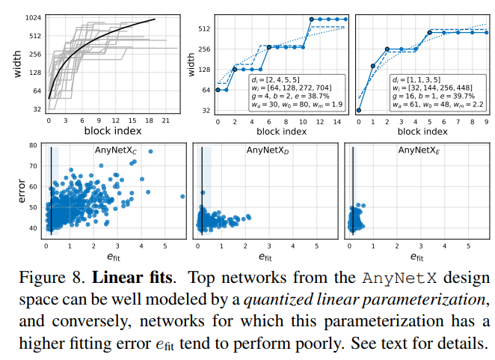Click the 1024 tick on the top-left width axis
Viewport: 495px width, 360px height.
31,18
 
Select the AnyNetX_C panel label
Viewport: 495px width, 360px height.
116,150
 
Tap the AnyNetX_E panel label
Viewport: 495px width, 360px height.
419,150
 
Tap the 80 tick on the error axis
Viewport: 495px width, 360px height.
33,146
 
